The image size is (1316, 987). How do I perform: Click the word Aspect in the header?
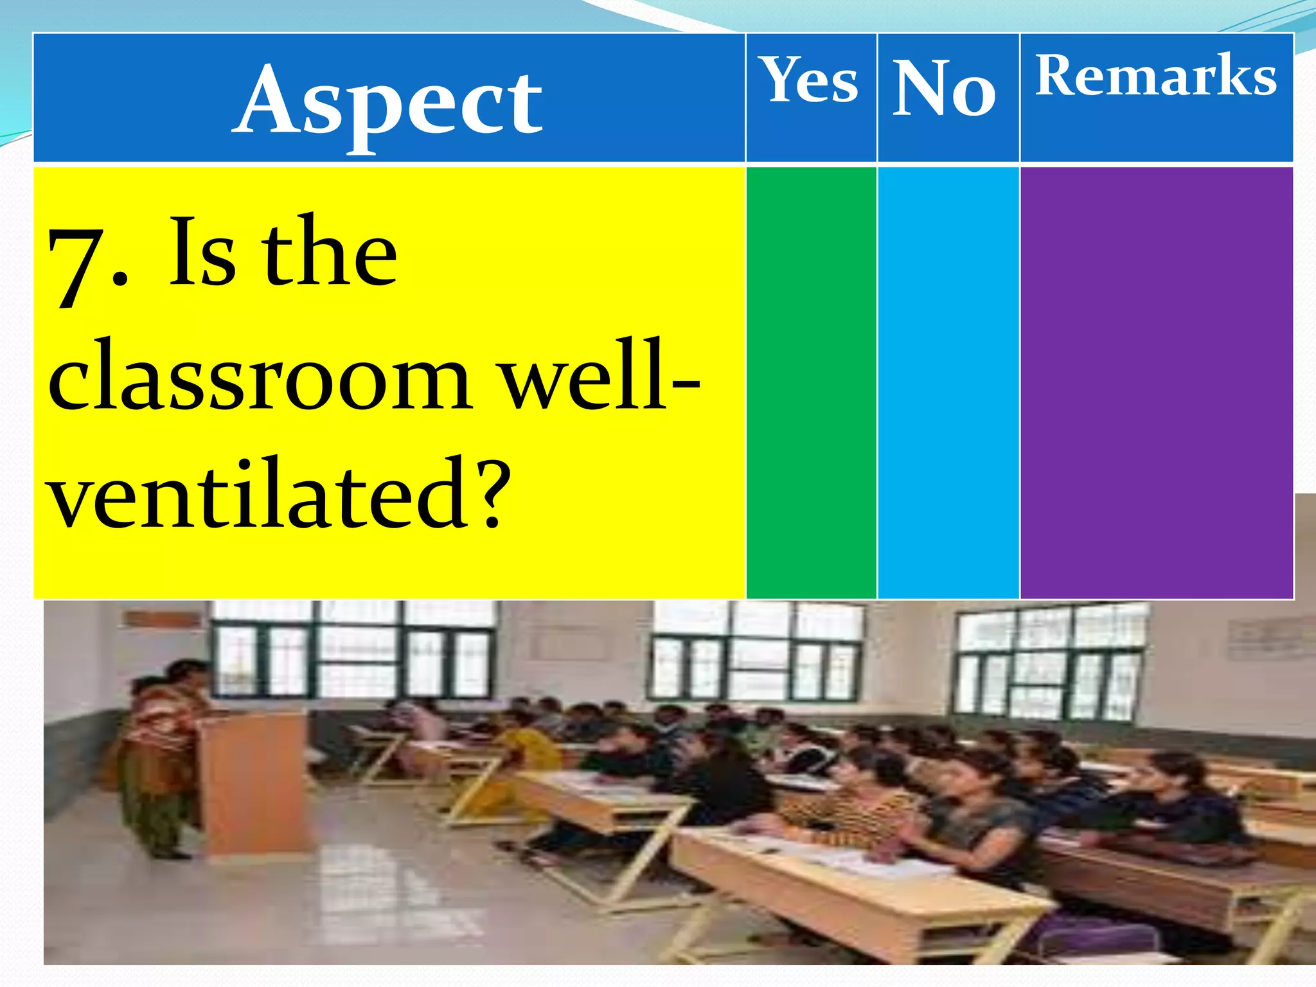(388, 102)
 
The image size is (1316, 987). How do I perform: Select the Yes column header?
(810, 80)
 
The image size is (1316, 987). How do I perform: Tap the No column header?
(945, 88)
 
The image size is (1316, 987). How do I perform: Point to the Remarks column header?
(1155, 76)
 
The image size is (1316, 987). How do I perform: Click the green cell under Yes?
(811, 382)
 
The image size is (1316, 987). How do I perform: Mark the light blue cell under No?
(948, 382)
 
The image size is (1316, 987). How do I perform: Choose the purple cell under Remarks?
(1156, 382)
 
